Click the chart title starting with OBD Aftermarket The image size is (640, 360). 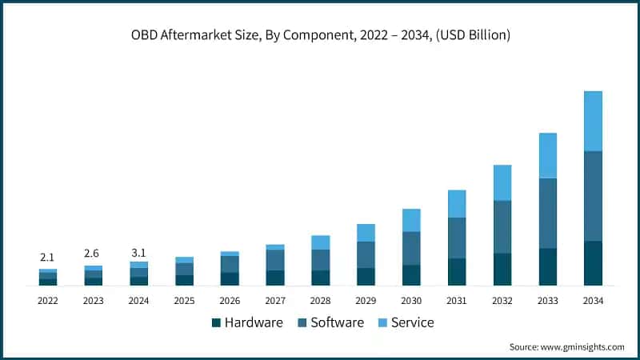320,35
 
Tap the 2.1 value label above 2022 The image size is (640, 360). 47,257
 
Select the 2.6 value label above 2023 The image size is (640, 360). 93,253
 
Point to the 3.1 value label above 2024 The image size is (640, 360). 138,253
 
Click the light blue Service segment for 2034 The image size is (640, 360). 593,121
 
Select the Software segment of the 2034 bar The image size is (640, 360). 593,196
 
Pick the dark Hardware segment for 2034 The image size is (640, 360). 593,263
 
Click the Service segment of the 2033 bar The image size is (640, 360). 547,155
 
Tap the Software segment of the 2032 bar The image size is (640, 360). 502,226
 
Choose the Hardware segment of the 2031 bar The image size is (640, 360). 457,272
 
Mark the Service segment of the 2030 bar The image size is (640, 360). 411,220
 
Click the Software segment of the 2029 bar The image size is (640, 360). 366,254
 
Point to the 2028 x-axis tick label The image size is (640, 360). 320,301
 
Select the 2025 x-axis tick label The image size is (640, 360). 184,301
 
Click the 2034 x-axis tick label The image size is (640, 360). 593,301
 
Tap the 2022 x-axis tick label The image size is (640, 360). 47,301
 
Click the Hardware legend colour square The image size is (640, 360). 215,323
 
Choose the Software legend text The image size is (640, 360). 337,323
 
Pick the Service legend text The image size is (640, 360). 413,323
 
